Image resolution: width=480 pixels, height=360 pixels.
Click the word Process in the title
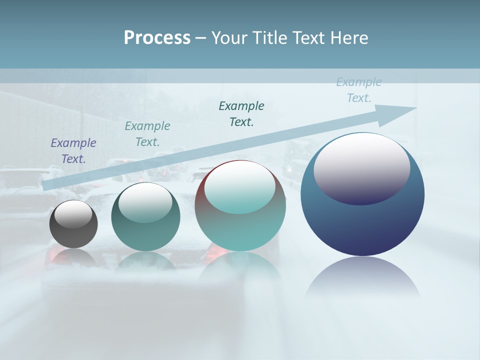pos(157,38)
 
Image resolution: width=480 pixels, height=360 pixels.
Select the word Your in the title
pos(228,38)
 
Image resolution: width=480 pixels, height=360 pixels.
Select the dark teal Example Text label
pos(241,113)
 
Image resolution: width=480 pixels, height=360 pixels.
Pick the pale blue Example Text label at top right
pos(359,90)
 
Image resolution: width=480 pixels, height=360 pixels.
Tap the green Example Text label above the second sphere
pos(147,134)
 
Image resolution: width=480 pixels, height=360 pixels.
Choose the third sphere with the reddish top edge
pos(240,230)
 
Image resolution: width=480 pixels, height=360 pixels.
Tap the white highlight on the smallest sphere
pos(73,214)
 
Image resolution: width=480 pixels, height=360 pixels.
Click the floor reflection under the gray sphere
pos(73,258)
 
